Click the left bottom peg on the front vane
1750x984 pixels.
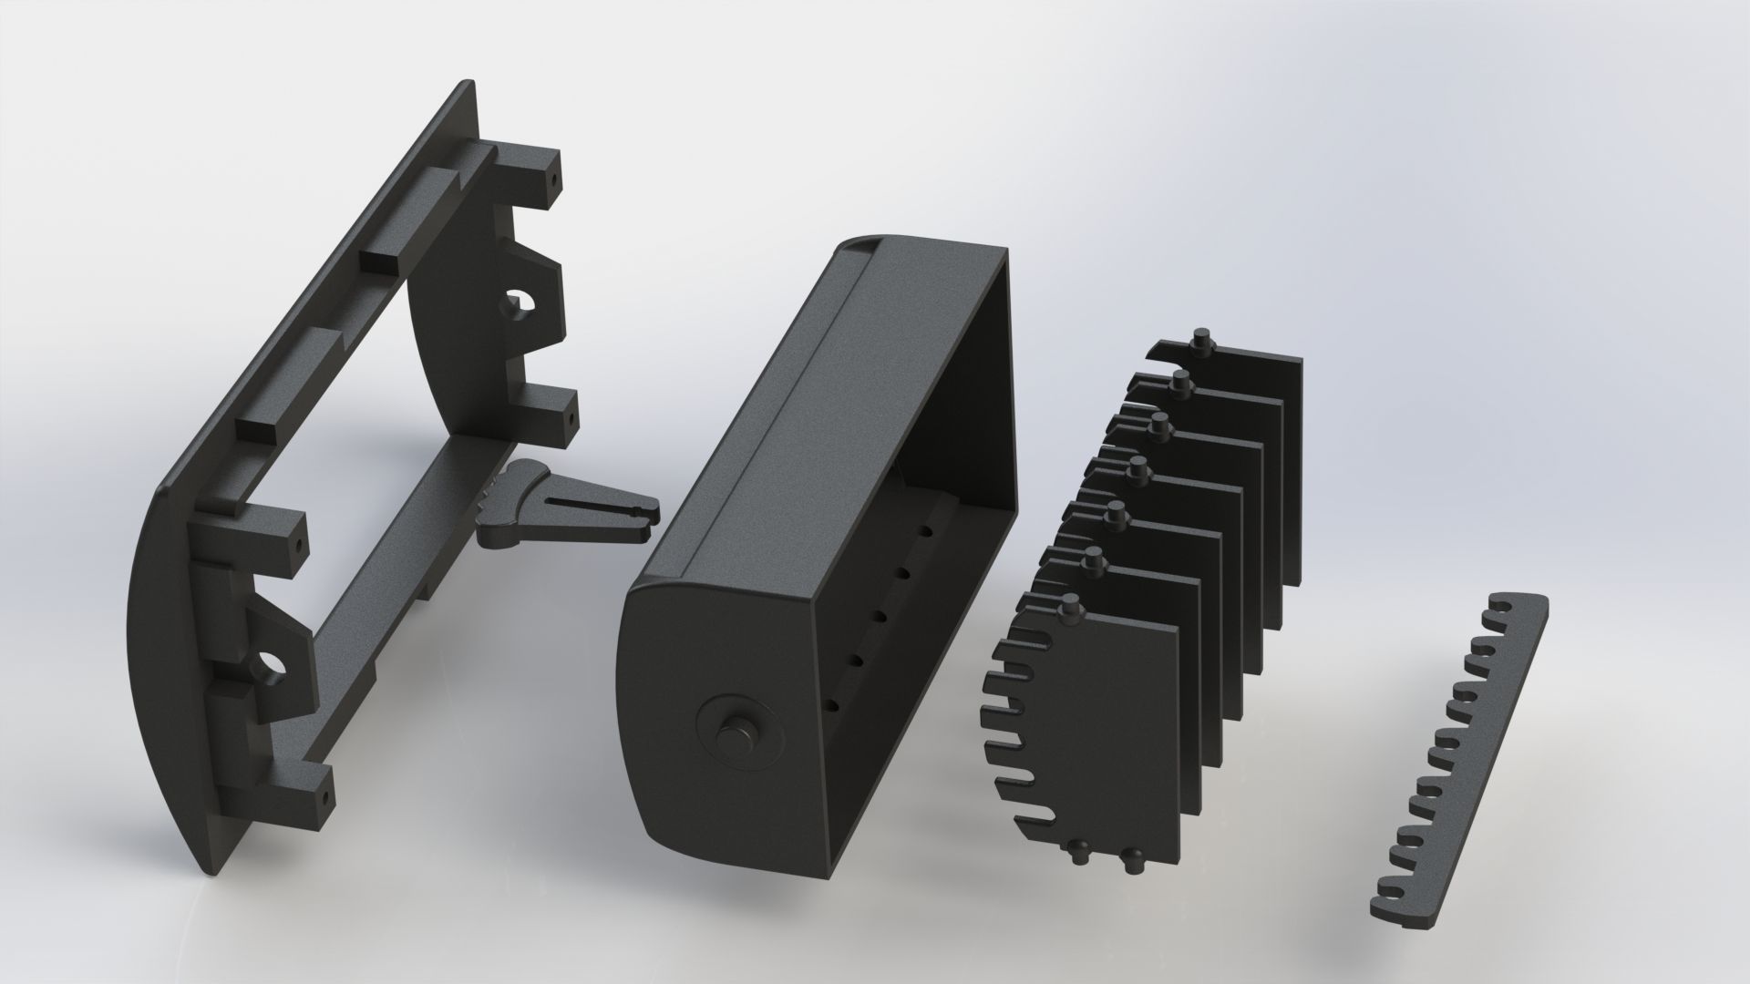1079,853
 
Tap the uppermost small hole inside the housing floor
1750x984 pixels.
926,530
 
